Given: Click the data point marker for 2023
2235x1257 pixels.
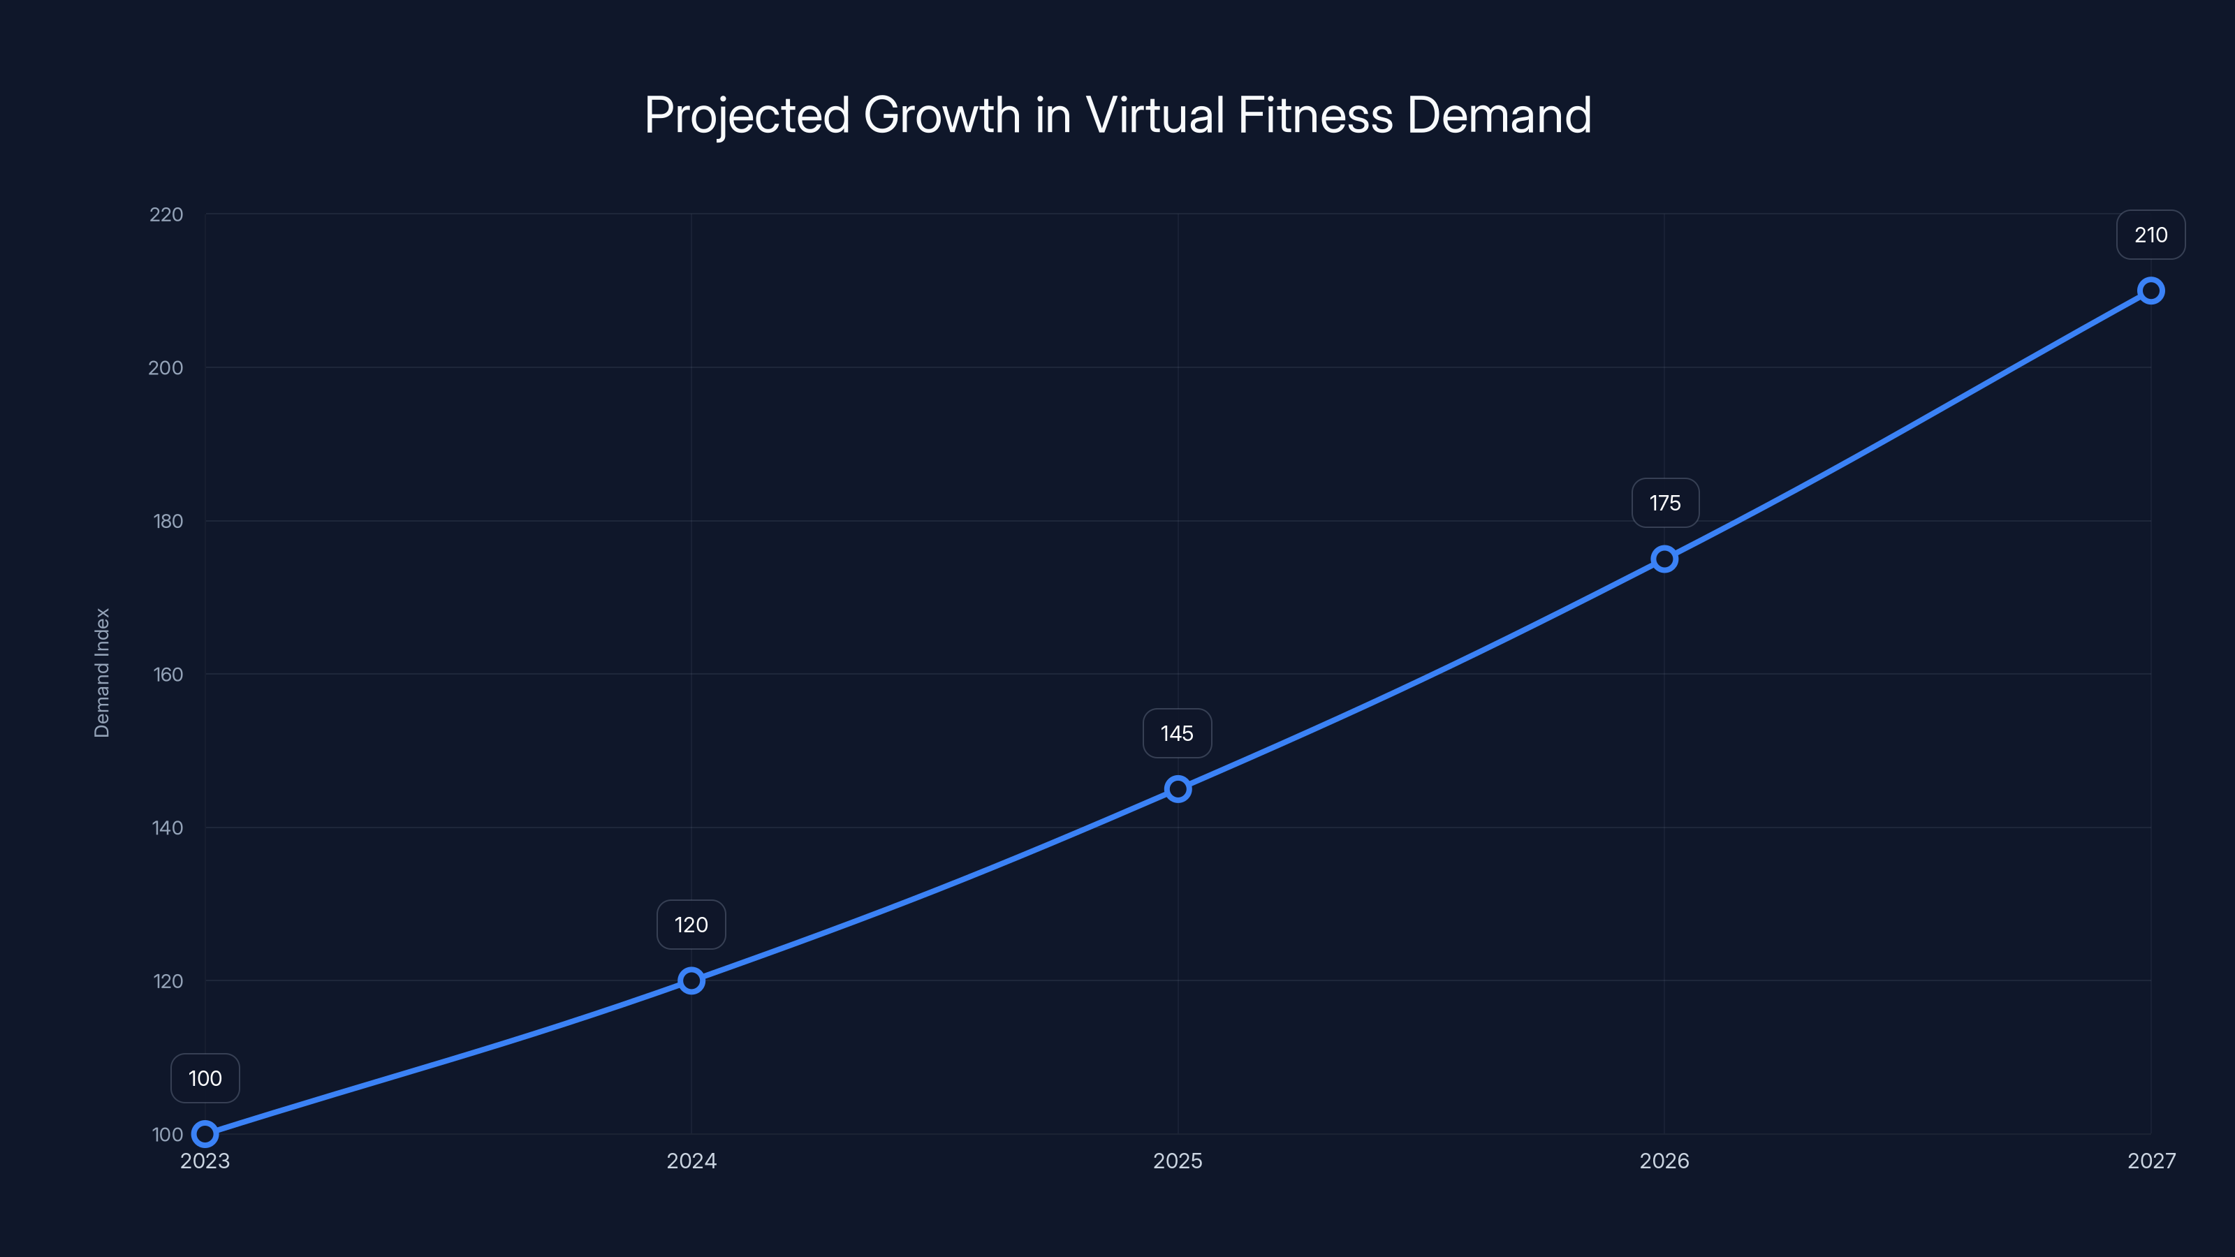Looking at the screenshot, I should click(x=205, y=1134).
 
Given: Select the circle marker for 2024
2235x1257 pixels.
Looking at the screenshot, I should click(x=691, y=981).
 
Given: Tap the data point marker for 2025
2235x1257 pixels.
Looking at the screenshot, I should click(x=1178, y=788).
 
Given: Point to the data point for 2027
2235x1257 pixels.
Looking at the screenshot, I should click(x=2150, y=291).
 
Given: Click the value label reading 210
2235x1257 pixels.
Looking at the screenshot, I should click(x=2150, y=235).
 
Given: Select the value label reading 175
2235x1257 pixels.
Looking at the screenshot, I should click(x=1664, y=503).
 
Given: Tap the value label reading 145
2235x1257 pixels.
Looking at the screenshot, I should click(x=1176, y=734).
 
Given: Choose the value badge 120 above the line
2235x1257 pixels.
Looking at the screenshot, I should click(x=691, y=925).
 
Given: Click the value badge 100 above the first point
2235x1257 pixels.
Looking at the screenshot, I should click(x=205, y=1078).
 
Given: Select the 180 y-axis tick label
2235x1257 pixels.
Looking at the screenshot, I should click(x=168, y=522).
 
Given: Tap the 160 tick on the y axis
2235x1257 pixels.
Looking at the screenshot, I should click(x=168, y=674).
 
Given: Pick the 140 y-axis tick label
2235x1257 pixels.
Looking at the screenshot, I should click(x=168, y=828).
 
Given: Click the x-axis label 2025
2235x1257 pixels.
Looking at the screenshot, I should click(x=1178, y=1161).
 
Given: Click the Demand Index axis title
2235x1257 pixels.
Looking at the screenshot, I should click(x=103, y=672).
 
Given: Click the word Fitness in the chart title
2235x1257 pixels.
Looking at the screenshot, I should click(x=1314, y=115).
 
